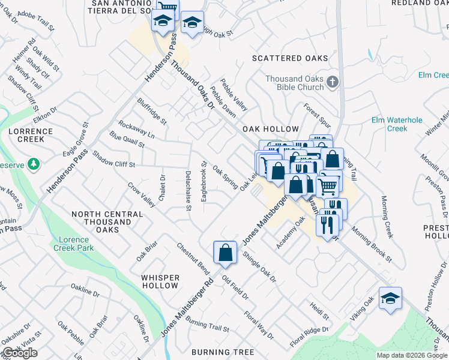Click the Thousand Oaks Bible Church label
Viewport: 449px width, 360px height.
[x=295, y=83]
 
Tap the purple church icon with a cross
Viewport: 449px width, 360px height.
[x=333, y=82]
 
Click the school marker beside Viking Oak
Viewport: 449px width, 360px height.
[x=390, y=299]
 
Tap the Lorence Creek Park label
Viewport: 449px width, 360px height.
[x=74, y=244]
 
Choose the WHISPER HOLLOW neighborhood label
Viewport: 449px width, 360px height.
[x=160, y=281]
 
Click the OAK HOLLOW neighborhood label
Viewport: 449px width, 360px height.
[x=270, y=129]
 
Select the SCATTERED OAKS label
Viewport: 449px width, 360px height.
[x=290, y=58]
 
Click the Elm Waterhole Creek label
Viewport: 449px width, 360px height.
[x=397, y=124]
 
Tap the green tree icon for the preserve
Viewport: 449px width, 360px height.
[x=35, y=163]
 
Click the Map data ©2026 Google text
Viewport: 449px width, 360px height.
[x=412, y=355]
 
